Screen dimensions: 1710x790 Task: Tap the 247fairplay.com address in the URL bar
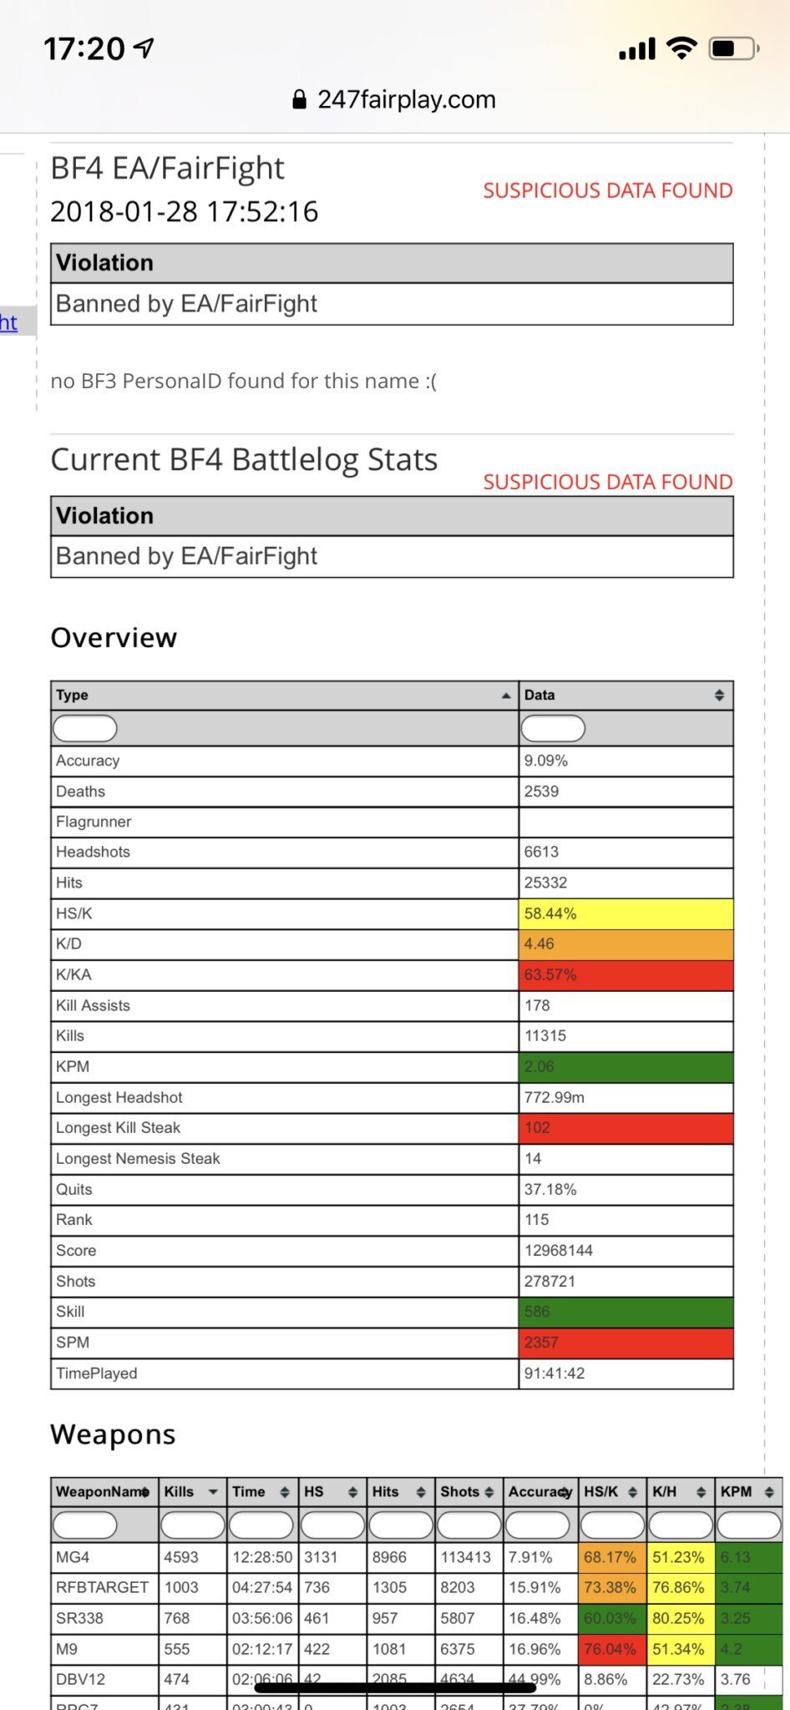[x=406, y=100]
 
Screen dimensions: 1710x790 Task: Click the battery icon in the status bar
[x=732, y=49]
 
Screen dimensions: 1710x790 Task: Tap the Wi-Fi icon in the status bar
[x=681, y=48]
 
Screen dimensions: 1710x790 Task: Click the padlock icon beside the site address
[x=299, y=100]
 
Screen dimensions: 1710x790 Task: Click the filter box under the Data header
[x=553, y=729]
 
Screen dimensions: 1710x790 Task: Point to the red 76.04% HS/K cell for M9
[x=610, y=1649]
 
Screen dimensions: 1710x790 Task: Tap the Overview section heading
[x=114, y=638]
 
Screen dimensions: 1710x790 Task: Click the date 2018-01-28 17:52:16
[x=185, y=212]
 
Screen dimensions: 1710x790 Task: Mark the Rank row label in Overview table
[x=74, y=1219]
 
